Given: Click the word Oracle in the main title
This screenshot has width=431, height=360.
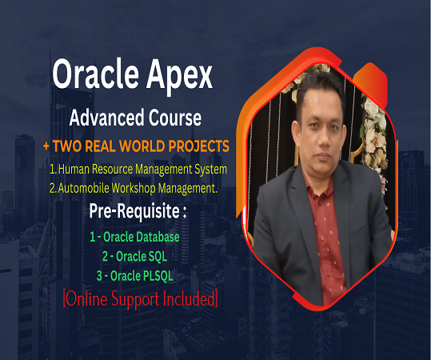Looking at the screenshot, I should point(94,75).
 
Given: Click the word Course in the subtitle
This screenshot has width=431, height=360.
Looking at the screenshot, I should point(171,118).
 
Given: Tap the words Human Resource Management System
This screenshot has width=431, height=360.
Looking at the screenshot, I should point(142,170).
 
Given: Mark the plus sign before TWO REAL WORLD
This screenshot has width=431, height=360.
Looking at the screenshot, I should point(46,146).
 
